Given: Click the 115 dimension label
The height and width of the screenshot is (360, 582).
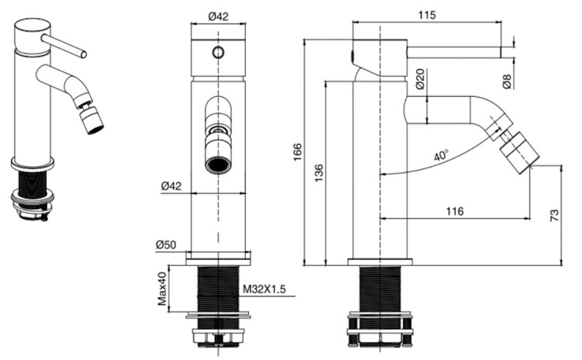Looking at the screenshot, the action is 427,16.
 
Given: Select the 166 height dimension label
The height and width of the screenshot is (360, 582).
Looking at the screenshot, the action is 298,152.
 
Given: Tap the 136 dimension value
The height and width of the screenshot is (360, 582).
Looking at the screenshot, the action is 319,173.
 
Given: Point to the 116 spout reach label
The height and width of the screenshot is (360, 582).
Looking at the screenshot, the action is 455,211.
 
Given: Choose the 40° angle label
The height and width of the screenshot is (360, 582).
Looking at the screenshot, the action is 442,155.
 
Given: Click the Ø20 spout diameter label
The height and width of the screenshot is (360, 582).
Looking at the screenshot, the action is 420,78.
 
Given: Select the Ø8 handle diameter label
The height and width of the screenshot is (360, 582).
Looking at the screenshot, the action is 507,81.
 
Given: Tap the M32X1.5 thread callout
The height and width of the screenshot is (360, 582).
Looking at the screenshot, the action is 265,289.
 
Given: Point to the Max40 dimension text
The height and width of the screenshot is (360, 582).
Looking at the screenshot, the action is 162,289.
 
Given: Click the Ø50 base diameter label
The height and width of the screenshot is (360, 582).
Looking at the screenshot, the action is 166,245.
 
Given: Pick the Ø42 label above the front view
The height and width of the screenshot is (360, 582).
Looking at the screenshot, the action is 218,16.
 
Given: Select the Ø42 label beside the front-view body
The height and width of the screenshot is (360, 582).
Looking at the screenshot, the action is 171,185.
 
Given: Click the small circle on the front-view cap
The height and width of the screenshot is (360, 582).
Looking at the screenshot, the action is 219,52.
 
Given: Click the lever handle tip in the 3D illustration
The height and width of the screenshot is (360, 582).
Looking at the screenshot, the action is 84,54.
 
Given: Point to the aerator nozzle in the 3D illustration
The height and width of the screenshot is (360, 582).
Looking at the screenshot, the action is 92,120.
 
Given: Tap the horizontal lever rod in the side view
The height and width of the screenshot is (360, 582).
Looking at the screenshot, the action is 455,52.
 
